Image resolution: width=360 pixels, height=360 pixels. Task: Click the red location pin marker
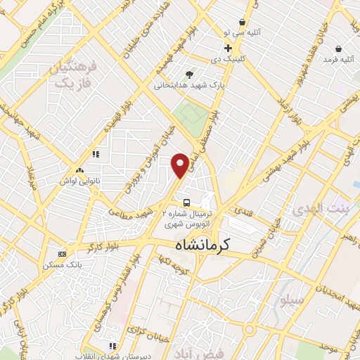[x=180, y=165]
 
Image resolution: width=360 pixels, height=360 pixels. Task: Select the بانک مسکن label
[x=58, y=265]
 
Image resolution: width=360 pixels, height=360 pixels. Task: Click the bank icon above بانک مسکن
[x=63, y=253]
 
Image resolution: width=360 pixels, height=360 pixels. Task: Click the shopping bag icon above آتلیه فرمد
[x=339, y=49]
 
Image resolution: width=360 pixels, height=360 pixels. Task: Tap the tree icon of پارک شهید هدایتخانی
[x=188, y=74]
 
